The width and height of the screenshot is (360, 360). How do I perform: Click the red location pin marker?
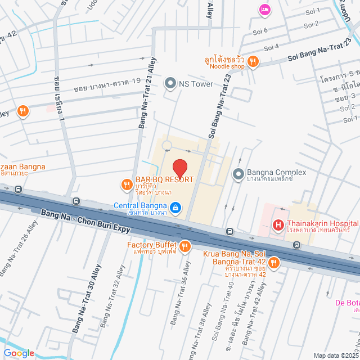179,168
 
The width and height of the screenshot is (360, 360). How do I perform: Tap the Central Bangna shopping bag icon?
175,208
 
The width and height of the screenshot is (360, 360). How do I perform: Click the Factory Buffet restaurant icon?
184,246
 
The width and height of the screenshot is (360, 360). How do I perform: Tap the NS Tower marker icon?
170,84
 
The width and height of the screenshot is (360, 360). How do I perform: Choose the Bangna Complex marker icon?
238,173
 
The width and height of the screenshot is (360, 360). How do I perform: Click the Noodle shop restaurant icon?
254,62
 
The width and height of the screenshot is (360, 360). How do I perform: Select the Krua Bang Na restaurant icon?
274,262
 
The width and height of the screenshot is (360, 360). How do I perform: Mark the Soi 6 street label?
262,30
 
